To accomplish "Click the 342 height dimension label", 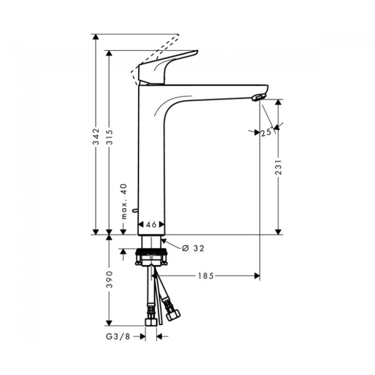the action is pyautogui.click(x=96, y=136).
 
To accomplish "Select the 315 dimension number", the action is pyautogui.click(x=109, y=137).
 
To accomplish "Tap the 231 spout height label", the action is pyautogui.click(x=278, y=167).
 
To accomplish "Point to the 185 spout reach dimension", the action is pyautogui.click(x=206, y=276).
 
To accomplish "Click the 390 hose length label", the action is pyautogui.click(x=109, y=279).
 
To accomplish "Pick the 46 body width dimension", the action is pyautogui.click(x=151, y=225).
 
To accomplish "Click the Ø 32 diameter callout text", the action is pyautogui.click(x=193, y=248).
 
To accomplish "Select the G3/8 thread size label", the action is pyautogui.click(x=118, y=337).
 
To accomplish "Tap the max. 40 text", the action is pyautogui.click(x=123, y=202).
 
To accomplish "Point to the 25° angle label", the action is pyautogui.click(x=267, y=132).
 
